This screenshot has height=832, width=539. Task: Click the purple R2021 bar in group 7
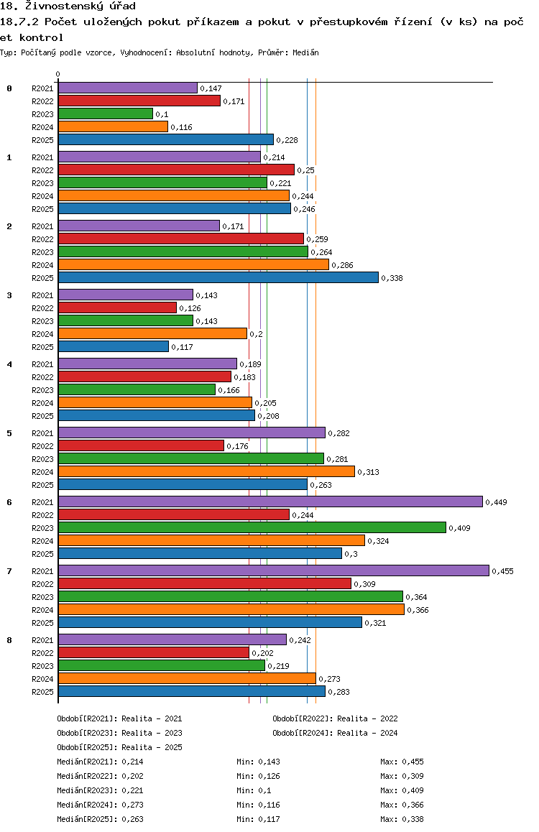point(274,570)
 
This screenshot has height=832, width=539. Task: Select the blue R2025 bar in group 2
point(218,277)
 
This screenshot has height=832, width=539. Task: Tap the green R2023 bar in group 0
point(106,114)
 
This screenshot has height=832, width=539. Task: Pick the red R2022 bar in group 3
point(117,308)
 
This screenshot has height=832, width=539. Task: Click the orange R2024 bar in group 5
point(206,472)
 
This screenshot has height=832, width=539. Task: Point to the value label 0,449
point(496,502)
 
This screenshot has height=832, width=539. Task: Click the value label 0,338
point(392,278)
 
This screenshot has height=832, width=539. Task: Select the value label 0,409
point(459,529)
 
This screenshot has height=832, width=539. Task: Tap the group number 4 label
point(9,364)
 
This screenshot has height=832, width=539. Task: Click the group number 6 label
point(9,502)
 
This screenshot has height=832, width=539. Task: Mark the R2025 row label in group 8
point(42,692)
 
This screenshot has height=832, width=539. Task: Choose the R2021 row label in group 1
point(42,157)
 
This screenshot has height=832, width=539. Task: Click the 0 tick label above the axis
point(57,74)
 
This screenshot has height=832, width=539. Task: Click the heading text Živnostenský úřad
point(80,6)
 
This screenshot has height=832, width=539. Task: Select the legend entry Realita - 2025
point(152,747)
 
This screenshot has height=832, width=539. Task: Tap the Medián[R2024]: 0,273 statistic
point(101,805)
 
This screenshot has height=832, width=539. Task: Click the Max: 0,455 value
point(402,762)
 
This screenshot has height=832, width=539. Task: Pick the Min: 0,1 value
point(254,790)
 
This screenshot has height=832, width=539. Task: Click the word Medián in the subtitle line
point(305,52)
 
